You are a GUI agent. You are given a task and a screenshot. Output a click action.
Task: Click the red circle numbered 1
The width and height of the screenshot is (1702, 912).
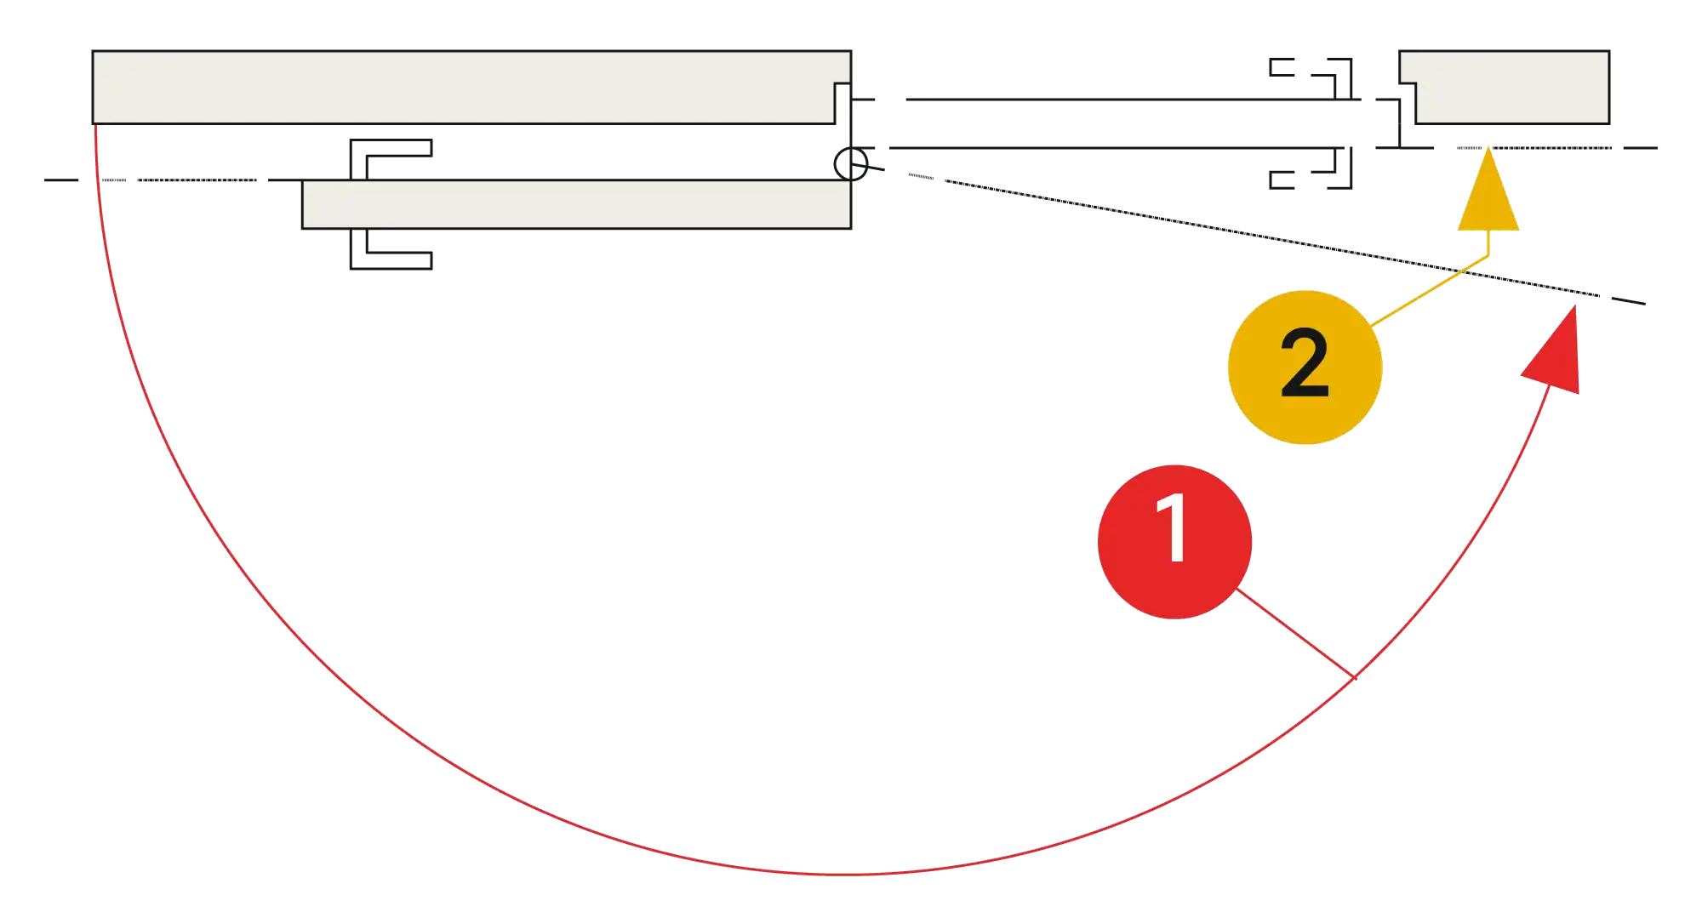[x=1174, y=541]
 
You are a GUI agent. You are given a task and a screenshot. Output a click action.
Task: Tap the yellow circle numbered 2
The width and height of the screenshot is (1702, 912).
[x=1304, y=367]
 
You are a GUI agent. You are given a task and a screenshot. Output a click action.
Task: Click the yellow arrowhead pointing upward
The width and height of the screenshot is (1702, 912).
[x=1487, y=196]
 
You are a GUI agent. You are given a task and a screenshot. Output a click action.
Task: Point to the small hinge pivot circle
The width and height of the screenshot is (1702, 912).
[x=850, y=163]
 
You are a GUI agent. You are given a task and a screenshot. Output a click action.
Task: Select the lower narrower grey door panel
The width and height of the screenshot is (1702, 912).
[x=577, y=204]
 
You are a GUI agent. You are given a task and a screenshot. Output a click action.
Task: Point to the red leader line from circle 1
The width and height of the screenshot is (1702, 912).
[x=1294, y=633]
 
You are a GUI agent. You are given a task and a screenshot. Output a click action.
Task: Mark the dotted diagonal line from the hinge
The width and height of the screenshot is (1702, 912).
[x=1234, y=234]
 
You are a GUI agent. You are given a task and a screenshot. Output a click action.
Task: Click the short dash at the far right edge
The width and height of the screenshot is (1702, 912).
[x=1641, y=146]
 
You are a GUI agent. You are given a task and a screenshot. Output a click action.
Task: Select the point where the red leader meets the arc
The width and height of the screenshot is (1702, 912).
[x=1354, y=677]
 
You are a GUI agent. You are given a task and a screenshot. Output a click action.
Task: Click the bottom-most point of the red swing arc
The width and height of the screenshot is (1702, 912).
[x=838, y=874]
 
